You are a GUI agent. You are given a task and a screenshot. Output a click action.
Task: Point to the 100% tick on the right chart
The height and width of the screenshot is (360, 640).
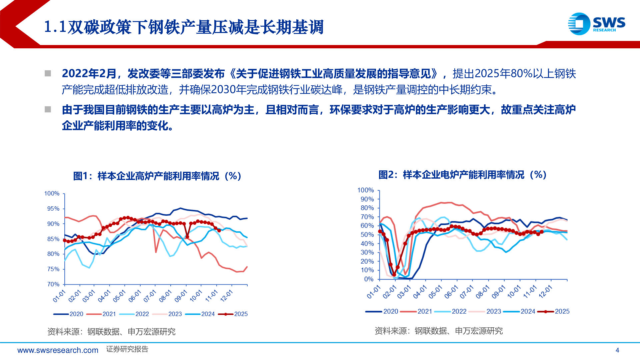(366, 190)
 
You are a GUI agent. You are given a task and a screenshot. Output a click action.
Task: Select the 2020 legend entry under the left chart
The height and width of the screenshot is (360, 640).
(69, 314)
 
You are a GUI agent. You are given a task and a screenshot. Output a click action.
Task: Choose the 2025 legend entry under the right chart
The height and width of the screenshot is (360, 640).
(554, 311)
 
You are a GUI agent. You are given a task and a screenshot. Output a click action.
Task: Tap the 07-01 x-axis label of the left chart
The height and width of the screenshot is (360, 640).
(150, 296)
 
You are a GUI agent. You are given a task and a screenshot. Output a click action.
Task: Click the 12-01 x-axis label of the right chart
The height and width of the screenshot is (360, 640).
(545, 292)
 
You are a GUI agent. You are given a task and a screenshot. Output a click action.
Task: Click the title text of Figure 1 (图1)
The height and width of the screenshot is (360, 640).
(157, 176)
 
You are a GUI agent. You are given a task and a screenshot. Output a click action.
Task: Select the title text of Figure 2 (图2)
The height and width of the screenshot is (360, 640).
(462, 175)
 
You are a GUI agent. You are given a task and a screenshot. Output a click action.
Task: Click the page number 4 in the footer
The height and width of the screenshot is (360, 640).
(617, 350)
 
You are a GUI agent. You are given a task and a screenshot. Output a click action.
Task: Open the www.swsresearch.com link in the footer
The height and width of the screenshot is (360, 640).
(58, 350)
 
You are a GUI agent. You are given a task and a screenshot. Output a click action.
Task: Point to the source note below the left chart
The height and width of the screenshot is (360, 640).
(111, 332)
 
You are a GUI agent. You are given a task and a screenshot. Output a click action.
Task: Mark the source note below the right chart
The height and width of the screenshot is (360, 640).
(439, 331)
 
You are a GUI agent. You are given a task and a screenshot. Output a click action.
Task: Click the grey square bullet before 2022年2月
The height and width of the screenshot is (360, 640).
(48, 73)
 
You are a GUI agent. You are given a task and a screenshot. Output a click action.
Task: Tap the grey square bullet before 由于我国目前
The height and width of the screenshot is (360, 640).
(48, 109)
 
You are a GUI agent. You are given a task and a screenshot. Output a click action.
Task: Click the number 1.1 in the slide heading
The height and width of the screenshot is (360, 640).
(55, 27)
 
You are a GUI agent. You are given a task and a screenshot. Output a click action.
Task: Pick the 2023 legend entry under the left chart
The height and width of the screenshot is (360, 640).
(167, 314)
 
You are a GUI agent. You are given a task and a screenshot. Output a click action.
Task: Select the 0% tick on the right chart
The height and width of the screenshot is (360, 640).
(369, 279)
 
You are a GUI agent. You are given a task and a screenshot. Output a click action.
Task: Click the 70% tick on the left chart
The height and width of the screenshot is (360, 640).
(53, 284)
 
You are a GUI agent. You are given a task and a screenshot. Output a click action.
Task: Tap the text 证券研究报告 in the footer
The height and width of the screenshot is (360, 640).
(127, 349)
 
